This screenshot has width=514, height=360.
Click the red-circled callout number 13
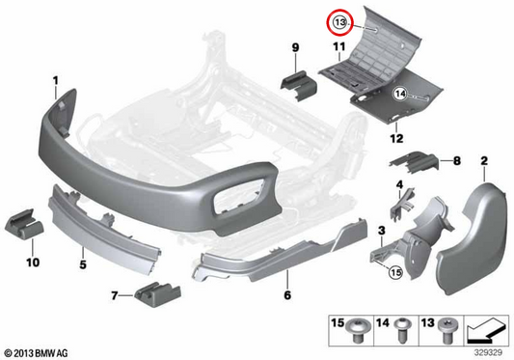[x=340, y=22]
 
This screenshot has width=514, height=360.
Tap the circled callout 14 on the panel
[x=400, y=95]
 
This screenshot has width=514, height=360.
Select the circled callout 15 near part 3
[x=395, y=272]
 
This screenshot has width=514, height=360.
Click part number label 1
[x=56, y=80]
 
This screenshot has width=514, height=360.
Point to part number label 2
[x=484, y=161]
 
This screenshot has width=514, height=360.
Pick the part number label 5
[x=83, y=264]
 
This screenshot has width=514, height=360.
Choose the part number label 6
[x=287, y=295]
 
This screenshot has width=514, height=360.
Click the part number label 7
[x=114, y=296]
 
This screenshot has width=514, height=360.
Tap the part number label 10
[x=33, y=263]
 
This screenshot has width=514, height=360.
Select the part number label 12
[x=396, y=138]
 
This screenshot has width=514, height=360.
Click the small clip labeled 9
[x=298, y=85]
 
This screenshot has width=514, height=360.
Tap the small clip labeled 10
[x=24, y=227]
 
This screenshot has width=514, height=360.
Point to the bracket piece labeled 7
[x=157, y=294]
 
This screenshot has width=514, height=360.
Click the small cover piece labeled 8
[x=415, y=162]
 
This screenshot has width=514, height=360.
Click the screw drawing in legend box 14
[x=402, y=330]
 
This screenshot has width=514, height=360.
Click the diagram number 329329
[x=488, y=353]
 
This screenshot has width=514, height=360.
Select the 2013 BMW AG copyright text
[x=36, y=353]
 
